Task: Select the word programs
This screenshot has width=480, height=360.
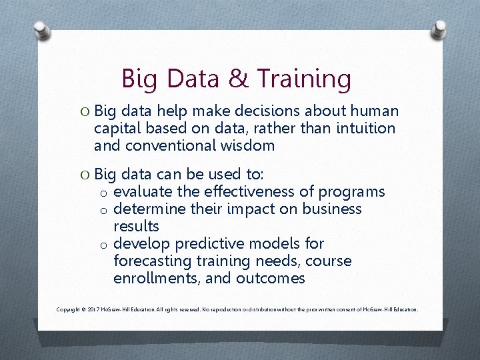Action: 351,192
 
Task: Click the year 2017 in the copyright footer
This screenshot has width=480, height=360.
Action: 95,310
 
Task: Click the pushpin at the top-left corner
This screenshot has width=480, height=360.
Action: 41,30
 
